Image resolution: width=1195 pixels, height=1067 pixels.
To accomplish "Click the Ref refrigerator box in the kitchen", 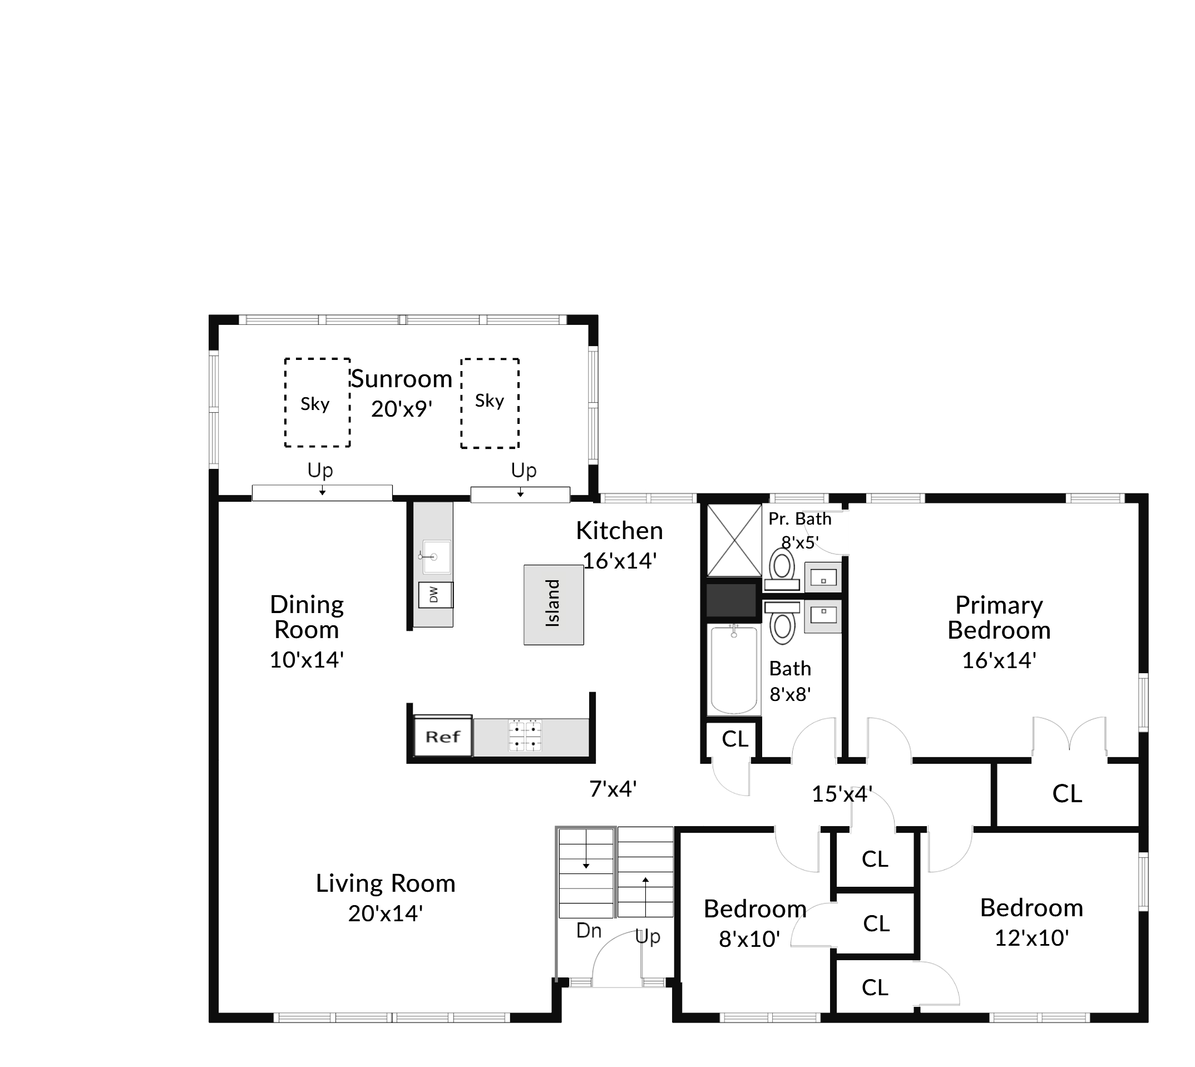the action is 443,737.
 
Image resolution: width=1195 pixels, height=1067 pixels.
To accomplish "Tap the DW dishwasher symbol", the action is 435,596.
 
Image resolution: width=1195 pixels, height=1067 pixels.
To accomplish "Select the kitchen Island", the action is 554,605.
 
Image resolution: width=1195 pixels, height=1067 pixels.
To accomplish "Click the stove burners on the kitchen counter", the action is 525,736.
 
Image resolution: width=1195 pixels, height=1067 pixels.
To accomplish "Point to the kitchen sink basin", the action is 436,556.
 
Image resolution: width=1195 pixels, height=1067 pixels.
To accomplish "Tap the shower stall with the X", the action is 734,540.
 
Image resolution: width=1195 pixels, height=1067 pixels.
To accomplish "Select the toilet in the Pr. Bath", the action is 782,569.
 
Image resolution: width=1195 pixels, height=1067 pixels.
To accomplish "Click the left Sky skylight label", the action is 315,404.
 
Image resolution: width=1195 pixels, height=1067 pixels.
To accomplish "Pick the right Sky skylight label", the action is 490,401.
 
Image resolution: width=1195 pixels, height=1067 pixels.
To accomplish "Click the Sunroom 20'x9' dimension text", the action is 402,409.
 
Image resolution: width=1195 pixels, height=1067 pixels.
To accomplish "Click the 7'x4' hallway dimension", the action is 613,789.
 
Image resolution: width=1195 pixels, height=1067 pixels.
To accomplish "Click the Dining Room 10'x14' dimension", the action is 306,660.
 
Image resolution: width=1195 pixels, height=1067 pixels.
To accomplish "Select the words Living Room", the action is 385,883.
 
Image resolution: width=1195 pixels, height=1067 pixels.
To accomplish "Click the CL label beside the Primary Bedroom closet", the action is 1067,794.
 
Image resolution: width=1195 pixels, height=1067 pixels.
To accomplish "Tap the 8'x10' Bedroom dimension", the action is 749,939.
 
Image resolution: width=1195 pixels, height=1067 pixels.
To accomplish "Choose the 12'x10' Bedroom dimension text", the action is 1032,938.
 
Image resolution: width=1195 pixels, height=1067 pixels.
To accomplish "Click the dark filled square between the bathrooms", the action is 730,600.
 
